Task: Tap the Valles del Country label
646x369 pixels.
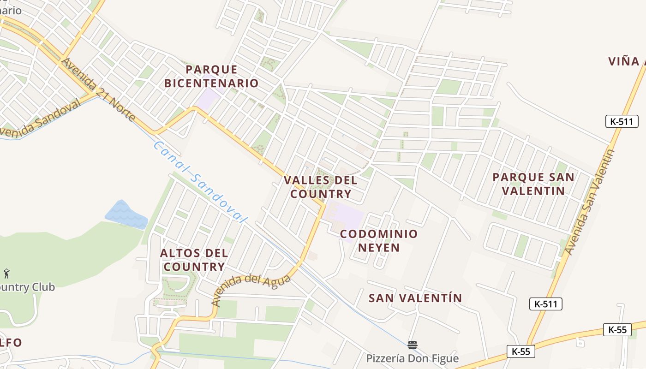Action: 321,187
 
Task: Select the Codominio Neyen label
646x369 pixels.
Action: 379,241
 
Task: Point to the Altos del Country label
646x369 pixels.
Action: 194,260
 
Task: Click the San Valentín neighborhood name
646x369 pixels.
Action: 415,298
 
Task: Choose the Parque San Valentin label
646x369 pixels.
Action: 533,184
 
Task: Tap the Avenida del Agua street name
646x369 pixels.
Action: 251,290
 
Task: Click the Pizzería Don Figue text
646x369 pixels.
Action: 413,358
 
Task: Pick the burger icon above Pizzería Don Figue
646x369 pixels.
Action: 413,345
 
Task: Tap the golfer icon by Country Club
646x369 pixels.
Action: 6,274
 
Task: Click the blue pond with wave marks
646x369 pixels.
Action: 125,214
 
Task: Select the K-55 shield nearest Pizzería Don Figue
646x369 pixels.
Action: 521,351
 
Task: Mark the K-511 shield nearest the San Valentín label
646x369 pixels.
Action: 545,304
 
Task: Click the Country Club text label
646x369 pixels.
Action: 27,287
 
